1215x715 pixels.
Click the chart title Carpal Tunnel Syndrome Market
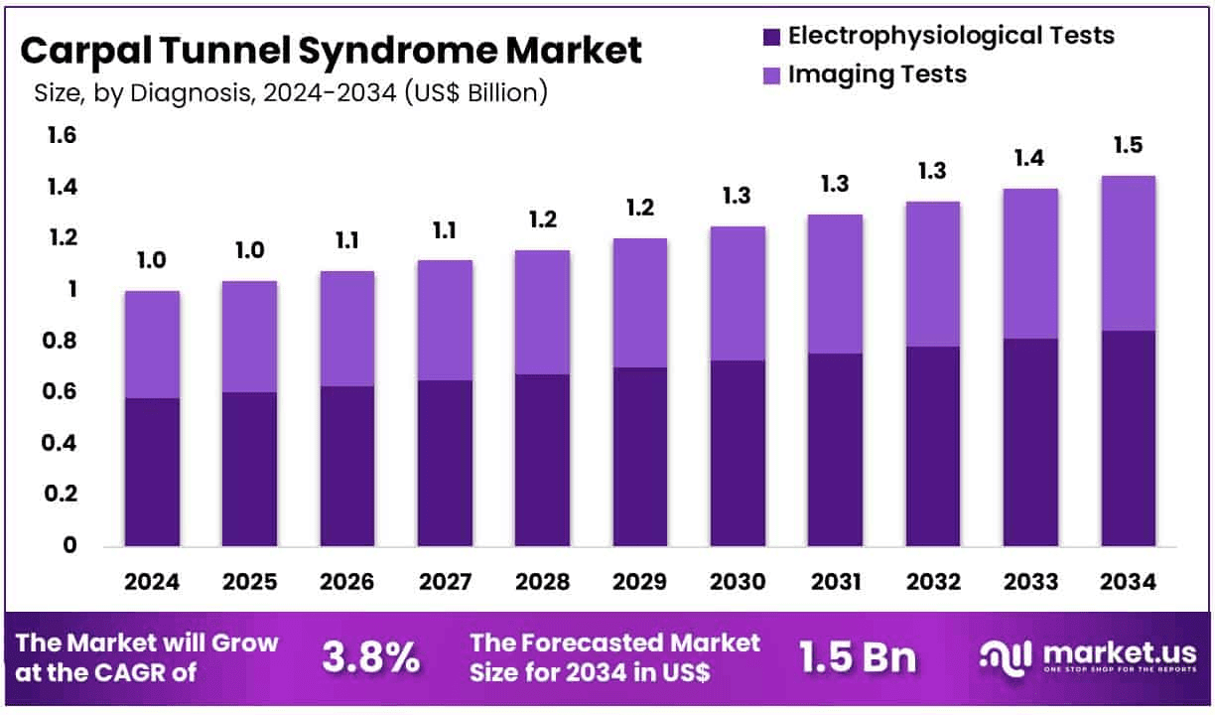coord(332,50)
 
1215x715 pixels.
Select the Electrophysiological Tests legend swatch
coord(771,37)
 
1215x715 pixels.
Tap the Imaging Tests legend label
coord(877,74)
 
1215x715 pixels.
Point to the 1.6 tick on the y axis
coord(62,136)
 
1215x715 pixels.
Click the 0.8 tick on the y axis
coord(62,341)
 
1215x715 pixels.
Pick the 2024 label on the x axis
coord(152,582)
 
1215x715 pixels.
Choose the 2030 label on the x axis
coord(738,582)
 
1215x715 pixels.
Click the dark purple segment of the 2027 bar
coord(445,463)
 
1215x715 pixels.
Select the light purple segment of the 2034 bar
coord(1128,253)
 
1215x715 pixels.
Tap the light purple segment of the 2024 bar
coord(152,345)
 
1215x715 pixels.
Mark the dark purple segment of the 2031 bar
coord(834,449)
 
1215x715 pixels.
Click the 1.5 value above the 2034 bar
coord(1128,146)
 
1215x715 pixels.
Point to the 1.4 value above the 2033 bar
coord(1030,159)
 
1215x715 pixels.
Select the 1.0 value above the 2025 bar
coord(249,250)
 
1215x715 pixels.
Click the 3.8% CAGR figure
coord(370,657)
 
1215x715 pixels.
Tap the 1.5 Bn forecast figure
coord(858,657)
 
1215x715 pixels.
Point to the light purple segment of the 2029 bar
coord(639,303)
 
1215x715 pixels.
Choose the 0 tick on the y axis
coord(69,545)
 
